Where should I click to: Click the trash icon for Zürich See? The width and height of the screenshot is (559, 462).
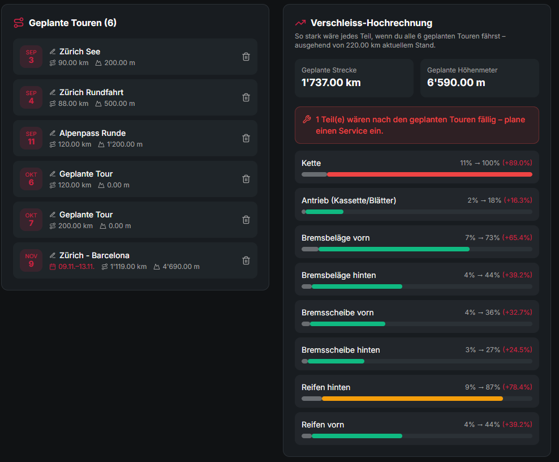[x=246, y=57]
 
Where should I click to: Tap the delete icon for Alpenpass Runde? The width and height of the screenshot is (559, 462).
[x=246, y=138]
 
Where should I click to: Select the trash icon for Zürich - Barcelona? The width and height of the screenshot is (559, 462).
[x=246, y=260]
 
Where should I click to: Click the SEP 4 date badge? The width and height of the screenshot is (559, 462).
[x=31, y=97]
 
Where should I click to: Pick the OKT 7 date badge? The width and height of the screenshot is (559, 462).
[x=31, y=220]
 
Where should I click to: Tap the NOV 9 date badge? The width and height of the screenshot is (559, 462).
[x=31, y=260]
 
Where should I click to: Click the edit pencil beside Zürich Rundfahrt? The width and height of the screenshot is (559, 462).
[x=53, y=92]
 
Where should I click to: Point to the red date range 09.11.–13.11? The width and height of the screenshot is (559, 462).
[x=76, y=267]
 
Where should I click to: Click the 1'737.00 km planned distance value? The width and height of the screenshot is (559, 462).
[x=331, y=83]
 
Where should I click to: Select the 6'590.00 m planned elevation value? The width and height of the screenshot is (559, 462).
[x=456, y=83]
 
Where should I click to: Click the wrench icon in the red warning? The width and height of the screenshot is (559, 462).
[x=307, y=119]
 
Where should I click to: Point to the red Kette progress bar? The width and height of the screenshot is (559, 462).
[x=429, y=174]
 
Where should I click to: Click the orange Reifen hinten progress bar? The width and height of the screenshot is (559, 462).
[x=412, y=399]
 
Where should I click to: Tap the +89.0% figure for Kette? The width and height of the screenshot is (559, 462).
[x=517, y=163]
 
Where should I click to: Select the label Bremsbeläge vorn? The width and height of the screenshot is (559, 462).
[x=336, y=238]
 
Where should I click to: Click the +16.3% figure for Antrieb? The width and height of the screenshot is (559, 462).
[x=518, y=200]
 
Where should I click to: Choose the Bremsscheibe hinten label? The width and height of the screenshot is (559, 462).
[x=341, y=350]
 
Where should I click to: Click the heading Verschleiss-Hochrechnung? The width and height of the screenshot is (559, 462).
[x=372, y=23]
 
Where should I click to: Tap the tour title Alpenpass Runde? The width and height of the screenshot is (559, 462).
[x=92, y=133]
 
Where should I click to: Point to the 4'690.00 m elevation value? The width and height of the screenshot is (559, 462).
[x=181, y=267]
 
